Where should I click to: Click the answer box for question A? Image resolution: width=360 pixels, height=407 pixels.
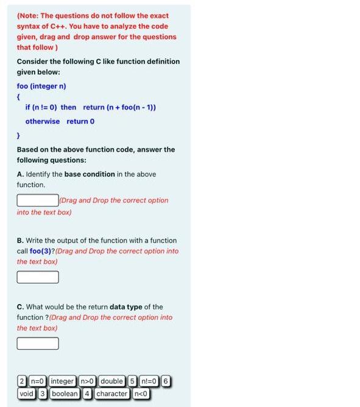tap(37, 200)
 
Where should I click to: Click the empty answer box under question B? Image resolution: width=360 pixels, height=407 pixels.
tap(37, 277)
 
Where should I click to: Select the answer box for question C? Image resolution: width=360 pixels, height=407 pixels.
tap(37, 344)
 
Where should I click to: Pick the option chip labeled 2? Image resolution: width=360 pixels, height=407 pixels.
tap(22, 381)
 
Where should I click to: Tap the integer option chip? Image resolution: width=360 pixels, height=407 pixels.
tap(62, 381)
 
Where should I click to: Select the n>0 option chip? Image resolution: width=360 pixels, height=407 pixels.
tap(87, 381)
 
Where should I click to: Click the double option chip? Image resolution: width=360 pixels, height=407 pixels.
tap(111, 381)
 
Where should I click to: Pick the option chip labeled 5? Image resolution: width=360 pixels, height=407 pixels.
tap(132, 381)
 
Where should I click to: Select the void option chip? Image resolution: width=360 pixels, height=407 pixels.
tap(27, 394)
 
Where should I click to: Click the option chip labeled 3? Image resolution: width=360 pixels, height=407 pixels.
tap(43, 394)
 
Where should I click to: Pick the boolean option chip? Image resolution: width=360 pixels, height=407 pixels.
tap(65, 394)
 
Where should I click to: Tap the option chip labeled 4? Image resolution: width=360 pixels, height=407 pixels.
tap(87, 394)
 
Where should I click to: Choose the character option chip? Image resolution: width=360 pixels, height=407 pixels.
tap(111, 394)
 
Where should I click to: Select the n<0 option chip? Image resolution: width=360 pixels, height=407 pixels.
tap(141, 394)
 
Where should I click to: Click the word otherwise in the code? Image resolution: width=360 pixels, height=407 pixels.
tap(43, 121)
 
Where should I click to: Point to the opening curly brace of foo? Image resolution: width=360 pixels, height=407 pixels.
tap(19, 97)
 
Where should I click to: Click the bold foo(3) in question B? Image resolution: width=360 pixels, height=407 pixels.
tap(42, 251)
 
